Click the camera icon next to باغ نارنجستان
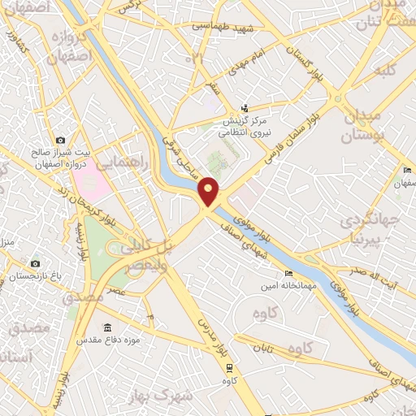tap(35, 263)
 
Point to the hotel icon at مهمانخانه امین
tap(288, 274)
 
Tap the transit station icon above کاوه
tap(229, 366)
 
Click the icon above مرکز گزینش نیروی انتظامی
tap(246, 109)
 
